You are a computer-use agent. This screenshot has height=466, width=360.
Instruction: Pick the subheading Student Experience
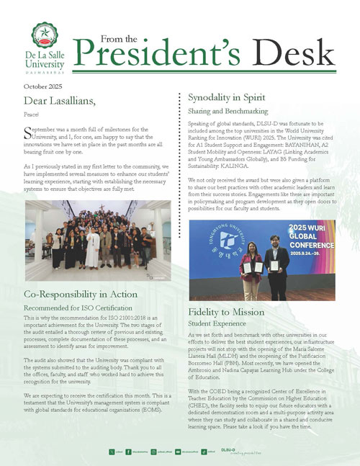click(218, 326)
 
